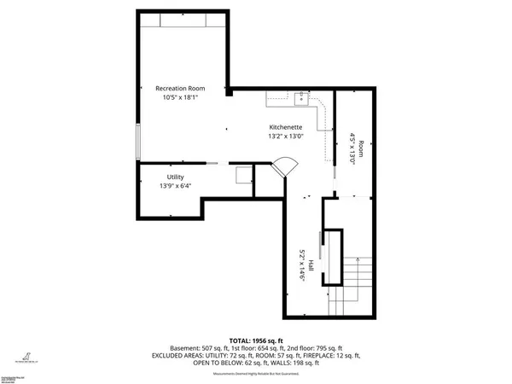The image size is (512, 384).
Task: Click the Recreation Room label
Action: tap(181, 89)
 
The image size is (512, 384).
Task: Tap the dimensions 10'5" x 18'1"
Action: tap(181, 97)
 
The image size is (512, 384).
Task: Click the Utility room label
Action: tap(175, 177)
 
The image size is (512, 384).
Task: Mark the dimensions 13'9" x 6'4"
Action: tap(175, 185)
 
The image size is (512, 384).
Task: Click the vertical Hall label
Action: tap(312, 267)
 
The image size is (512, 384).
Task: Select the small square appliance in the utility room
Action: tap(243, 175)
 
